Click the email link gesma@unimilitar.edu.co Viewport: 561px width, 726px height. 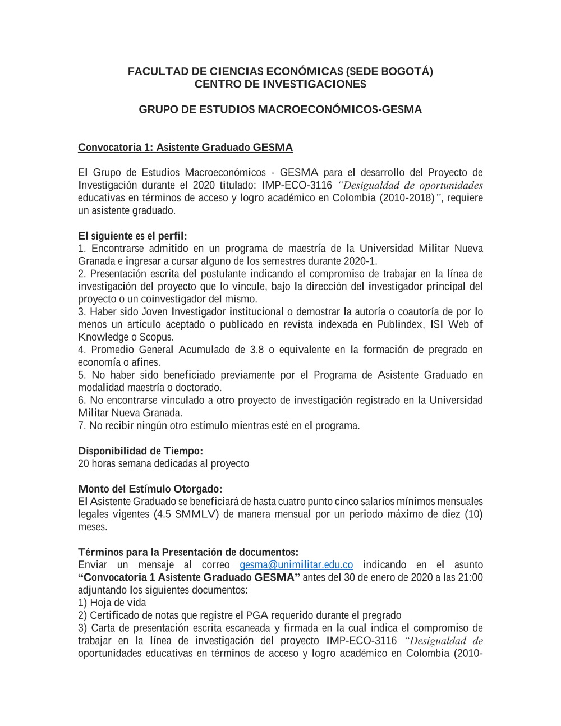[296, 565]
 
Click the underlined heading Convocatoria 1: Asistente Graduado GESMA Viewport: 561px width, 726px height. [185, 148]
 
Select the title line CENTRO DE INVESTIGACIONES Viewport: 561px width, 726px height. [280, 84]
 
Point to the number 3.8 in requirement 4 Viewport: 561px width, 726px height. [256, 350]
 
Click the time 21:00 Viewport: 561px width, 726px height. [470, 577]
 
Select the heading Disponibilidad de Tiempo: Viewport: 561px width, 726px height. [140, 451]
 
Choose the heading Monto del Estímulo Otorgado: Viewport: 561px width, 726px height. [150, 489]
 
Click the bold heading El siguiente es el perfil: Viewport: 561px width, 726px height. [132, 236]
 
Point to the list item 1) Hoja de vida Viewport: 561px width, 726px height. [112, 603]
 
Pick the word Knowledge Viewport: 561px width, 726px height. [103, 337]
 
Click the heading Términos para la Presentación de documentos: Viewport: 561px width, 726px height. [188, 552]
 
